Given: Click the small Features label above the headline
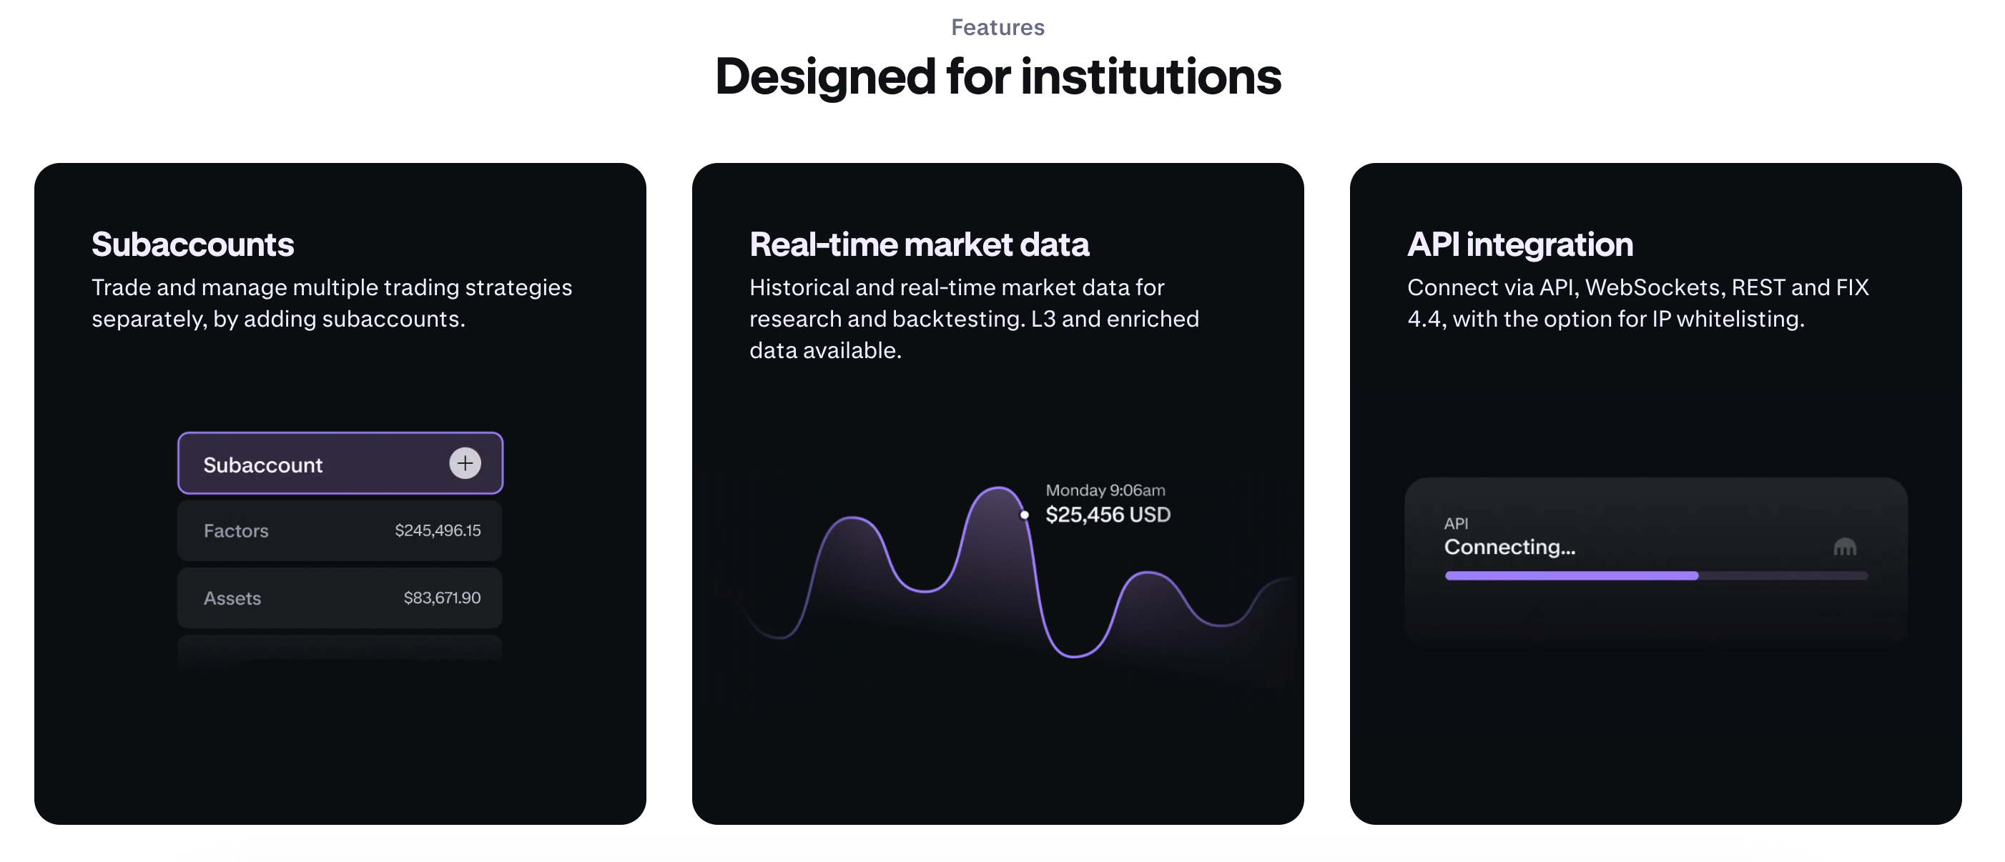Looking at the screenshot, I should coord(997,28).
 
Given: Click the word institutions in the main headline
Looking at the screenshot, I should coord(1151,77).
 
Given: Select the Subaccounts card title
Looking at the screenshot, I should coord(192,244).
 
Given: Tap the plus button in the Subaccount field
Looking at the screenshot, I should coord(465,464).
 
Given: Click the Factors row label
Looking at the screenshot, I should coord(236,531).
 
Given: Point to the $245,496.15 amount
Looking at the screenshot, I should coord(438,530).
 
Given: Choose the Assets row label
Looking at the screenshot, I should coord(232,598).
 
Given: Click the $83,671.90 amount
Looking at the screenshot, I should coord(441,598).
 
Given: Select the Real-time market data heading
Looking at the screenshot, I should coord(918,244).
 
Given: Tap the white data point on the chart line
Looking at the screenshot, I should coord(1024,515).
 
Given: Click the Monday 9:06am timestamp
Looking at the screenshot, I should coord(1105,491).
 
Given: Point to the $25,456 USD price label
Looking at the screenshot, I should coord(1108,515).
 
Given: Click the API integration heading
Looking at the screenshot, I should coord(1519,244).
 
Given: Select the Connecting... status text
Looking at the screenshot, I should coord(1509,548).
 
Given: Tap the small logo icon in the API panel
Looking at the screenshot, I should coord(1845,548).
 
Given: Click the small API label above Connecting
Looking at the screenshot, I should coord(1456,525).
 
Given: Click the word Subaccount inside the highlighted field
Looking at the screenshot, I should coord(262,465).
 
